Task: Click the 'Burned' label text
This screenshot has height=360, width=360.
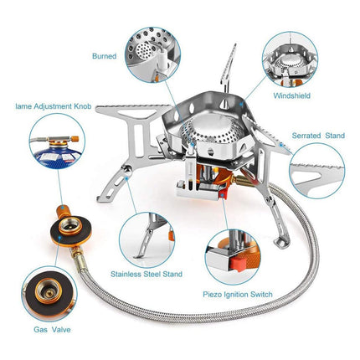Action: (105, 56)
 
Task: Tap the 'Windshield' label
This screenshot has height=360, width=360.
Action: (292, 96)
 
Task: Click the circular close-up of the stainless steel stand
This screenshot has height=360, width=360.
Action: (150, 234)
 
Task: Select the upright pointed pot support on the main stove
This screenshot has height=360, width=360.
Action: (224, 76)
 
